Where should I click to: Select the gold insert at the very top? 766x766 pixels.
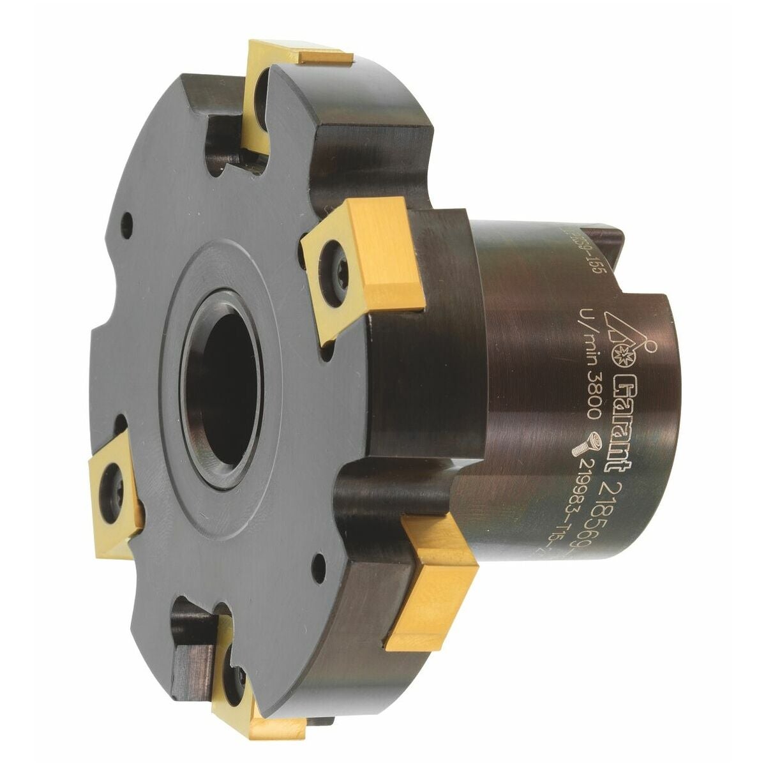[x=300, y=57]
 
